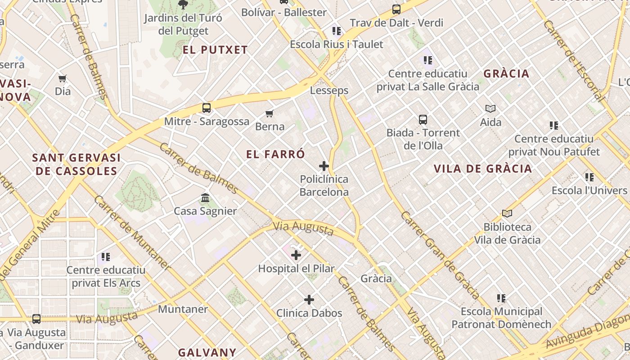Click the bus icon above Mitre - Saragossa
tap(207, 108)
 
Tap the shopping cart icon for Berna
tap(270, 113)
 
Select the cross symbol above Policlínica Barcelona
tap(324, 166)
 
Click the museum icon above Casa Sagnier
tap(205, 198)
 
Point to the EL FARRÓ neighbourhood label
tap(275, 154)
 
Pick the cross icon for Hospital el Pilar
tap(296, 256)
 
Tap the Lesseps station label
tap(329, 90)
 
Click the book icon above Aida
tap(490, 108)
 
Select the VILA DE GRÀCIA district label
tap(483, 169)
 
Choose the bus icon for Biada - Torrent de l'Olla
tap(423, 120)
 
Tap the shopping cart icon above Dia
tap(63, 78)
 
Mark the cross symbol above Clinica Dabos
tap(309, 300)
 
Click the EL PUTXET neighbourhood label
tap(215, 50)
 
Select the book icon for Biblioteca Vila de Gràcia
tap(507, 213)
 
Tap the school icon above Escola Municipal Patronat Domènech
tap(501, 298)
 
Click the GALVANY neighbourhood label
tap(207, 352)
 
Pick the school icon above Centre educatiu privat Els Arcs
tap(106, 257)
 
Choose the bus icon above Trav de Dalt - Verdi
tap(396, 9)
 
